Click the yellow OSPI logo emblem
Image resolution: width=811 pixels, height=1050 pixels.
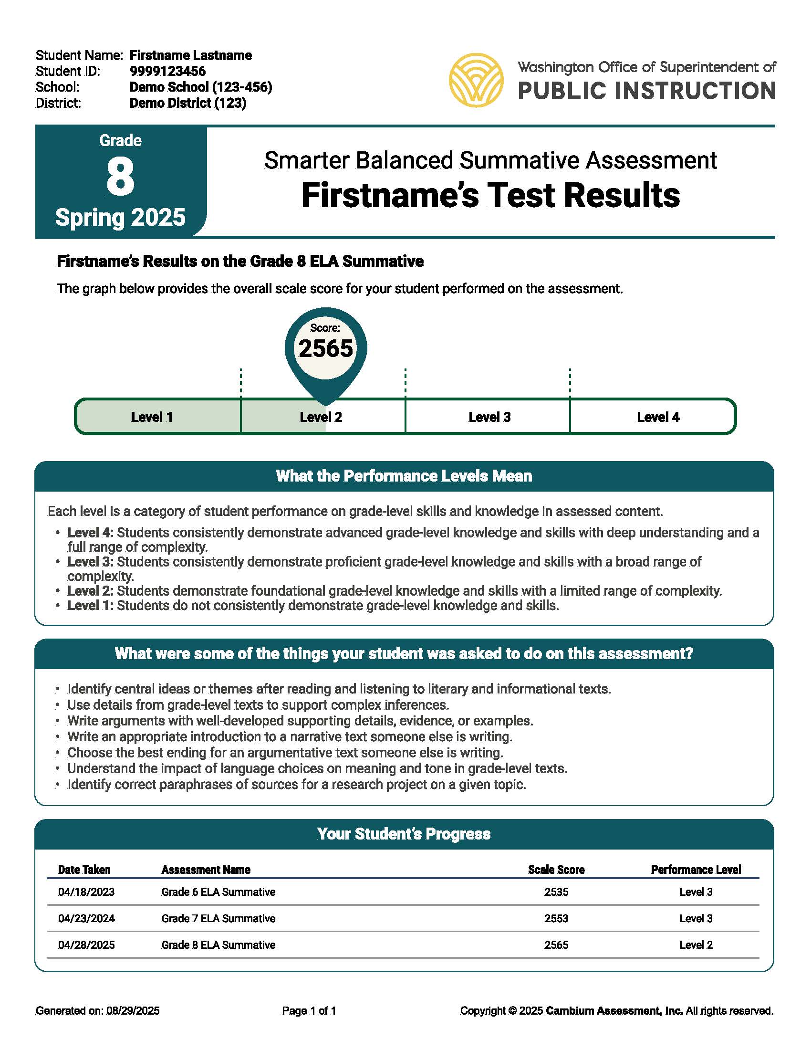point(476,80)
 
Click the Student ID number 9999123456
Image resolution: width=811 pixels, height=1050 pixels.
point(167,71)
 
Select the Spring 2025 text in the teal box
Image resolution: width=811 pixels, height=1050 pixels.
point(120,217)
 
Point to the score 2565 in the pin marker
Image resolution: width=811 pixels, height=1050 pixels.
point(326,348)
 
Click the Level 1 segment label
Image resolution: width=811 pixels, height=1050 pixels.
point(151,417)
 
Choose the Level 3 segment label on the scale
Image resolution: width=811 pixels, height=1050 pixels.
point(489,417)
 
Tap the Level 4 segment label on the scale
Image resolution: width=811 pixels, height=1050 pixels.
point(658,417)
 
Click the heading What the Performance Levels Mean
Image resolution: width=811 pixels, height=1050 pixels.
point(404,476)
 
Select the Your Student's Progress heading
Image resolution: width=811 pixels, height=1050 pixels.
point(404,834)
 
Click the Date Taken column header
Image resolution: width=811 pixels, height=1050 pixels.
point(84,870)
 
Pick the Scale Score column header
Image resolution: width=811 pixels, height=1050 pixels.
point(556,870)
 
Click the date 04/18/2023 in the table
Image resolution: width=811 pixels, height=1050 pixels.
point(86,892)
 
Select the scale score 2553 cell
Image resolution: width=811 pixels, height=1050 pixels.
point(556,919)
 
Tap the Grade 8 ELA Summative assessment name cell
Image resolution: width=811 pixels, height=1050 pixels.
point(218,945)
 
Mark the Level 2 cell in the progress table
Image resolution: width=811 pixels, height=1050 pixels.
point(696,945)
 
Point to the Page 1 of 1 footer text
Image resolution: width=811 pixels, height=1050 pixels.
point(309,1011)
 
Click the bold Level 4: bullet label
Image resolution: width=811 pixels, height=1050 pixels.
point(90,533)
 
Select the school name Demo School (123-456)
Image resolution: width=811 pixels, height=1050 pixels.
point(200,87)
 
